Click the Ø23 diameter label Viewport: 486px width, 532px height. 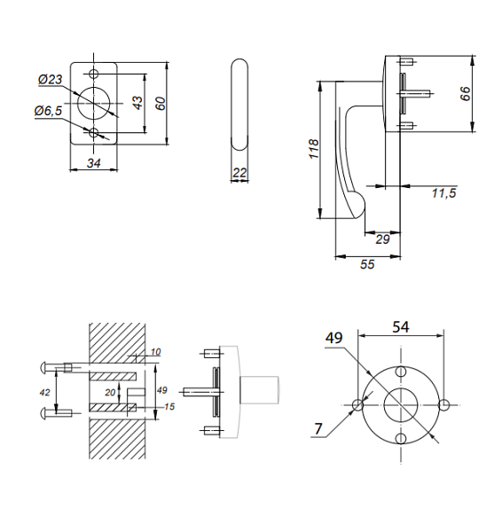pyautogui.click(x=50, y=80)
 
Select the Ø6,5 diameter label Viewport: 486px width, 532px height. pyautogui.click(x=48, y=111)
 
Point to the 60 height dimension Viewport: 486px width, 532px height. pyautogui.click(x=160, y=103)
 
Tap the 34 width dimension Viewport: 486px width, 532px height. pyautogui.click(x=93, y=161)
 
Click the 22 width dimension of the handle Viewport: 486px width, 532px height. pyautogui.click(x=239, y=174)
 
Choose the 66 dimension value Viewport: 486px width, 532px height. pyautogui.click(x=466, y=94)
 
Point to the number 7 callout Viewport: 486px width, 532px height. pyautogui.click(x=317, y=429)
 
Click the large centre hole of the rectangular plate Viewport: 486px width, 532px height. pyautogui.click(x=94, y=102)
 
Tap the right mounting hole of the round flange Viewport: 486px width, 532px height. pyautogui.click(x=443, y=404)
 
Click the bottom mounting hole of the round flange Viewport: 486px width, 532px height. pyautogui.click(x=401, y=439)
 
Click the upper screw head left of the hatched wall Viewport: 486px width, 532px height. pyautogui.click(x=45, y=366)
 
